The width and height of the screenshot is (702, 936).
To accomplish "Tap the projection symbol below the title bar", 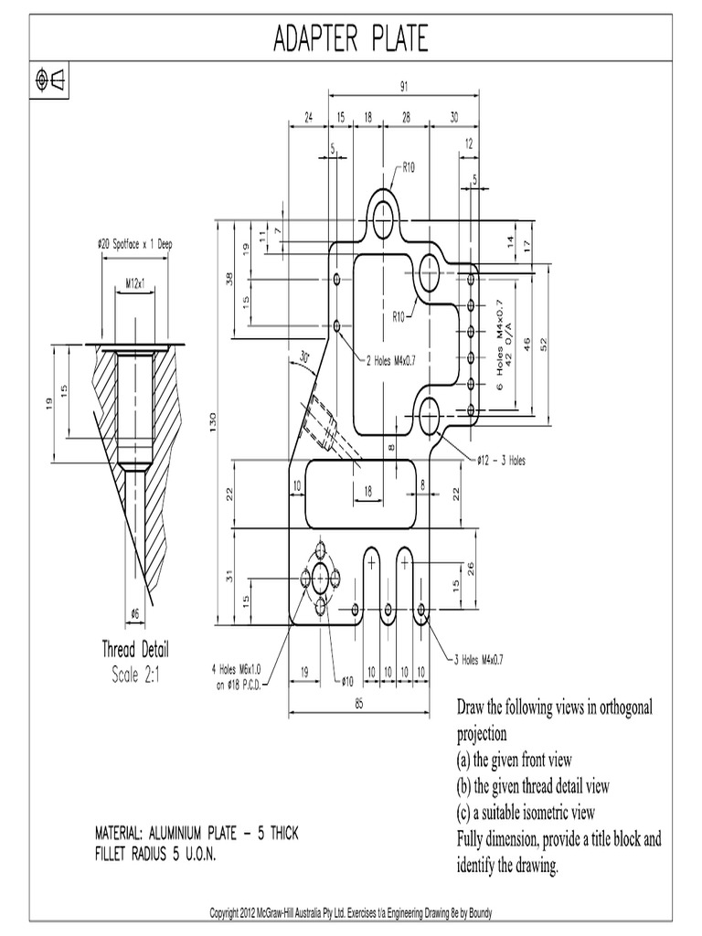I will tap(50, 80).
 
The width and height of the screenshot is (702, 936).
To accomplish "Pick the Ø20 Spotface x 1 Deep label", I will tap(134, 244).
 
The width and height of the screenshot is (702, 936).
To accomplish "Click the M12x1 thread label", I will tap(135, 284).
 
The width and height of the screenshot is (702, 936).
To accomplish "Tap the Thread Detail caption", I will tap(134, 650).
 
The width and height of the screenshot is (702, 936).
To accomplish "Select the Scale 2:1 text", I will tap(134, 675).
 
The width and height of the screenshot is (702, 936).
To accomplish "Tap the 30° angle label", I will tap(303, 357).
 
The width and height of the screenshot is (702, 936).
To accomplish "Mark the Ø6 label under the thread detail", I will tap(135, 612).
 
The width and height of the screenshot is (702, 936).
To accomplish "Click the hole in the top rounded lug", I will tap(382, 218).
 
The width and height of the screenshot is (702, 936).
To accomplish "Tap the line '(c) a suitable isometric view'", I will tap(526, 812).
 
